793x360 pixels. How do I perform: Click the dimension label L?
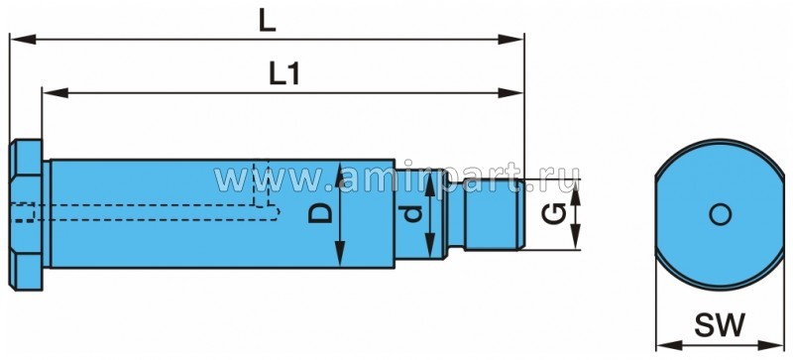coord(267,22)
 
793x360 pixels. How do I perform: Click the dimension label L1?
coord(284,74)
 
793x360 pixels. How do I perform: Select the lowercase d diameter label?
coord(413,214)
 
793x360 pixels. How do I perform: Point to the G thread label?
coord(553,213)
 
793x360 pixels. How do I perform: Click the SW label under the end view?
coord(720,324)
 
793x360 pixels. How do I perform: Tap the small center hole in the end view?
coord(721,214)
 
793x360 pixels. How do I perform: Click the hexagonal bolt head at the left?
coord(26,214)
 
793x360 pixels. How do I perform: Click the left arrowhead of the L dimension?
coord(22,39)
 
